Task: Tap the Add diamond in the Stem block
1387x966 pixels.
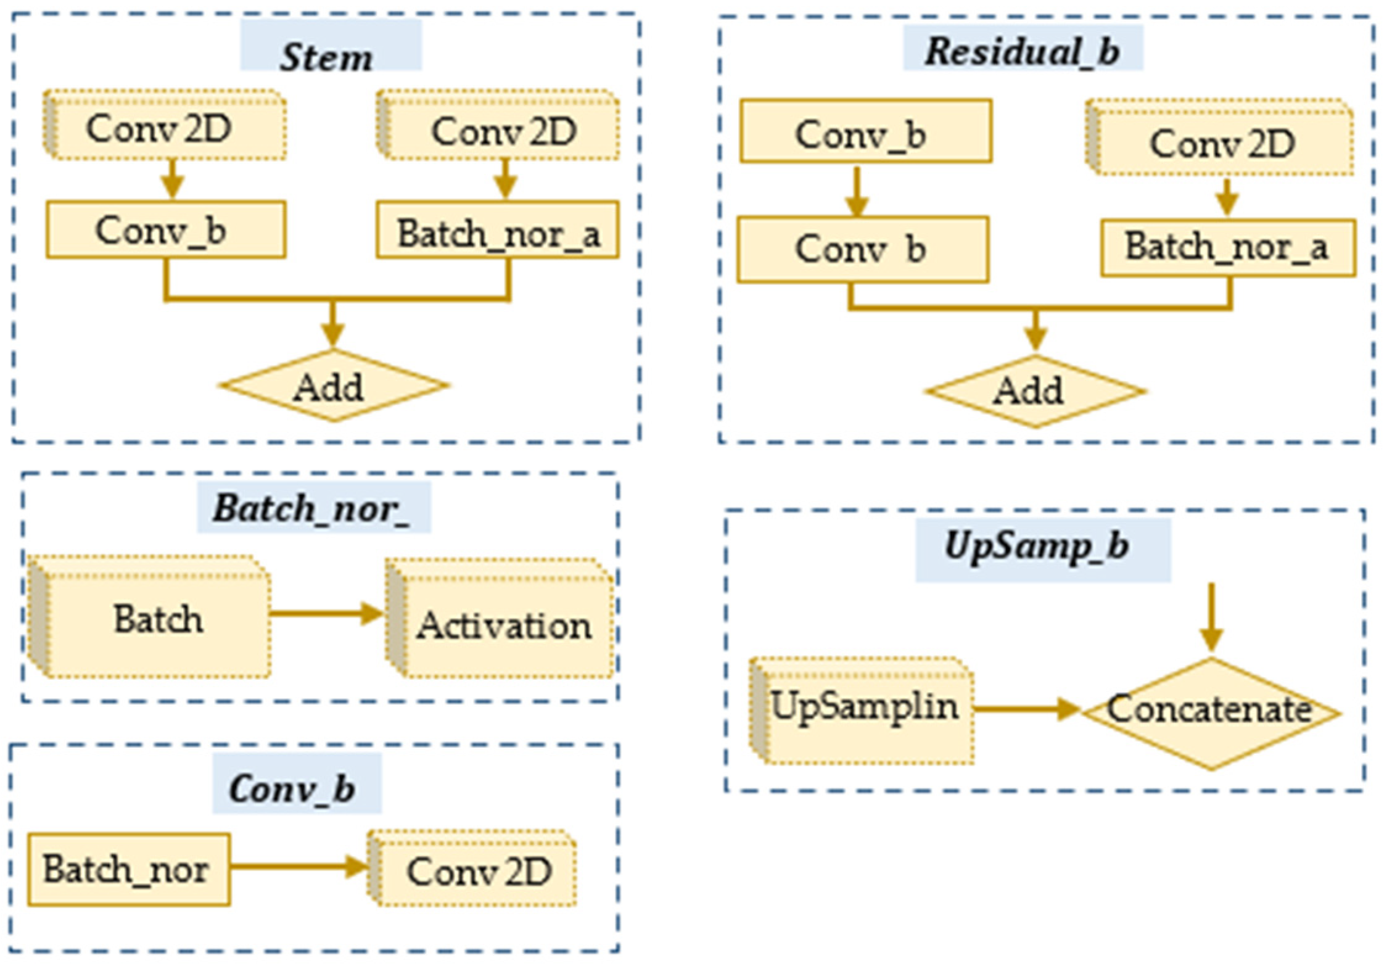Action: (333, 386)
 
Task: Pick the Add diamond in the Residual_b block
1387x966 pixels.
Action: (1035, 390)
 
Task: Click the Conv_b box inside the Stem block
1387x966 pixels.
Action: (165, 229)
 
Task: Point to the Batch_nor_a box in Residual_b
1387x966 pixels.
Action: (1227, 248)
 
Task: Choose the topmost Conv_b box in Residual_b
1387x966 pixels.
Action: (865, 132)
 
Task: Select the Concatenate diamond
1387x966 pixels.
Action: (1210, 713)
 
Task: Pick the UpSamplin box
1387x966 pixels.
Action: (863, 710)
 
